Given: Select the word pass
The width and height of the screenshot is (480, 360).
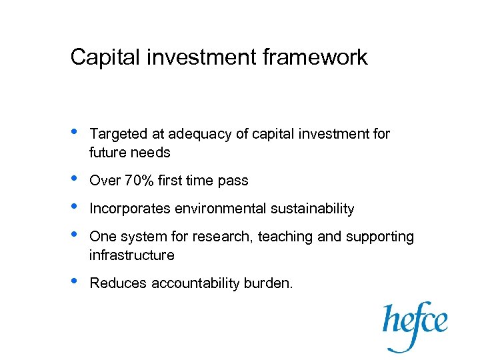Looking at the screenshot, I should click(234, 181).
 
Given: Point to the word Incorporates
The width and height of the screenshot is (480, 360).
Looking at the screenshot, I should click(130, 209).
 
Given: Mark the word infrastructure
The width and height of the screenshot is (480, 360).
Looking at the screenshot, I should click(131, 255).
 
